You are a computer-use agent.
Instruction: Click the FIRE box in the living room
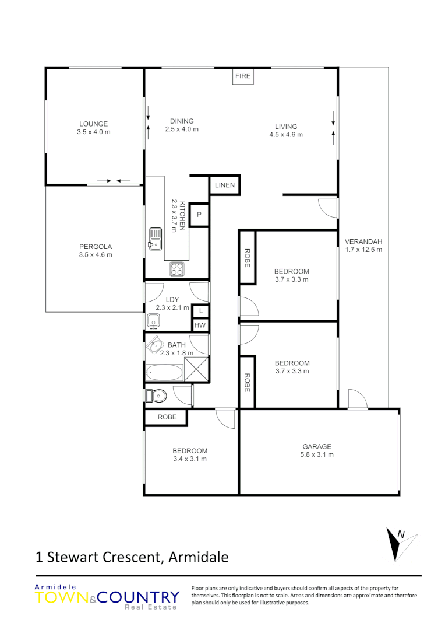tap(243, 76)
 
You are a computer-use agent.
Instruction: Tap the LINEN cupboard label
tap(224, 185)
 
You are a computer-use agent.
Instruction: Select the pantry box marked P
tap(199, 215)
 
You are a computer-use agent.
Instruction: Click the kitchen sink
tap(155, 239)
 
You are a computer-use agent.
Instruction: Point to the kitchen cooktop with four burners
tap(177, 269)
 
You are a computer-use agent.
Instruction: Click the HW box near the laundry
tap(200, 325)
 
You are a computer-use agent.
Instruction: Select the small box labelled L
tap(200, 311)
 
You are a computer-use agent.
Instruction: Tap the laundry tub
tap(154, 320)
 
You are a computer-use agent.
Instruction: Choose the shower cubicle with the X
tap(196, 369)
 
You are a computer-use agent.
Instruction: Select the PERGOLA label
tap(96, 246)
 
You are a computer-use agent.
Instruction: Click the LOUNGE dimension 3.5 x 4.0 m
tap(93, 132)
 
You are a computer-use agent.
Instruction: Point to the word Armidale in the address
tap(198, 557)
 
